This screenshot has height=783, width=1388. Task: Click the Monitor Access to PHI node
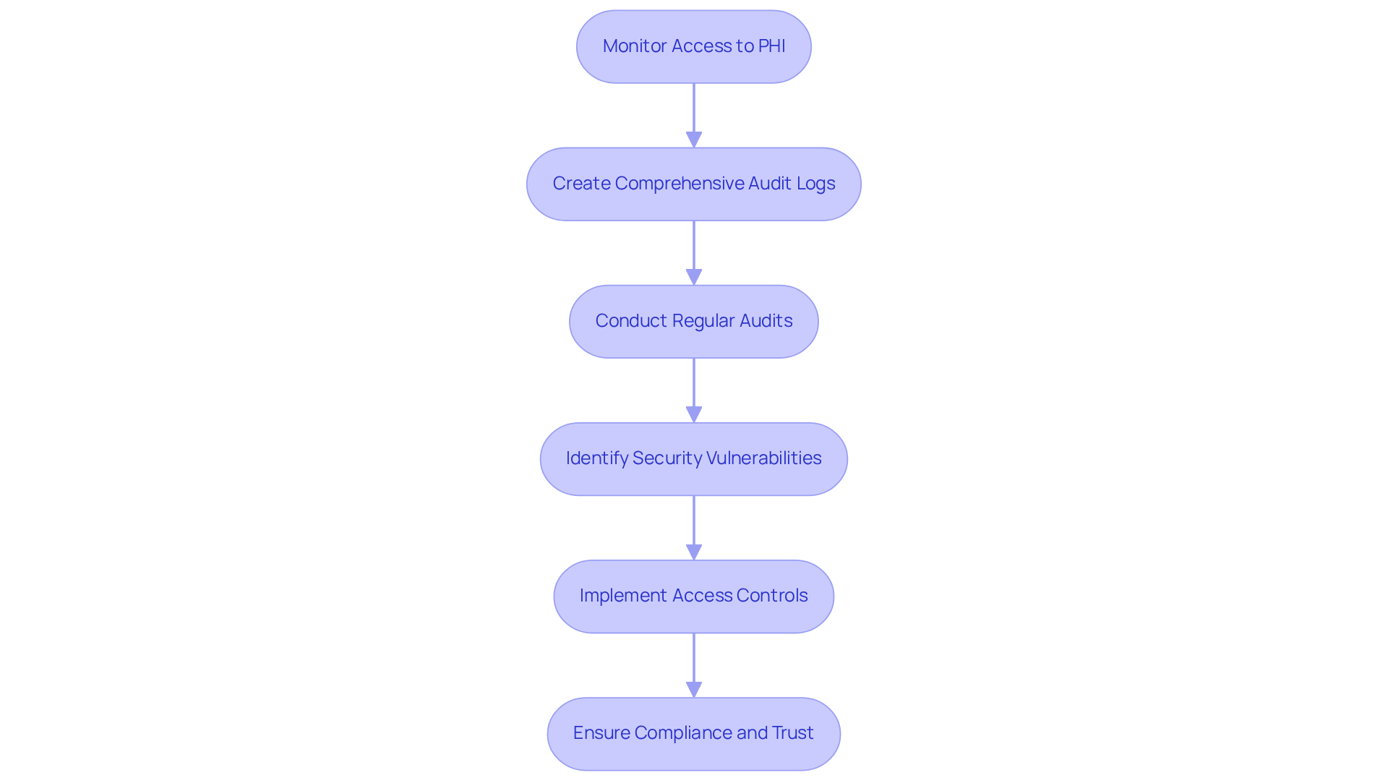tap(693, 47)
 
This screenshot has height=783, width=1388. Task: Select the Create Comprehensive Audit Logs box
tap(693, 184)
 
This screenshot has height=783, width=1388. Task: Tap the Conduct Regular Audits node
tap(693, 322)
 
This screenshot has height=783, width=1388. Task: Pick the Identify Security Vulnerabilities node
tap(693, 459)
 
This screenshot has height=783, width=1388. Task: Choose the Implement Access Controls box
tap(693, 596)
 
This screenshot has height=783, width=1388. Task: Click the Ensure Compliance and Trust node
tap(693, 734)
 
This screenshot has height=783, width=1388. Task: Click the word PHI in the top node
tap(771, 46)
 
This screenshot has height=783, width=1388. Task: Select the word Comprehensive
tap(679, 184)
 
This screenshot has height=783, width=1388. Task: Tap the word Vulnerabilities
tap(763, 458)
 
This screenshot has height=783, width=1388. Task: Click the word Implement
tap(623, 596)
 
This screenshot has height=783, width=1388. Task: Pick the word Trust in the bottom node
tap(792, 733)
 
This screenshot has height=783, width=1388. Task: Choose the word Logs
tap(815, 184)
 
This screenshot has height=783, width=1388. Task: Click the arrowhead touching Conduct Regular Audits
tap(694, 277)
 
